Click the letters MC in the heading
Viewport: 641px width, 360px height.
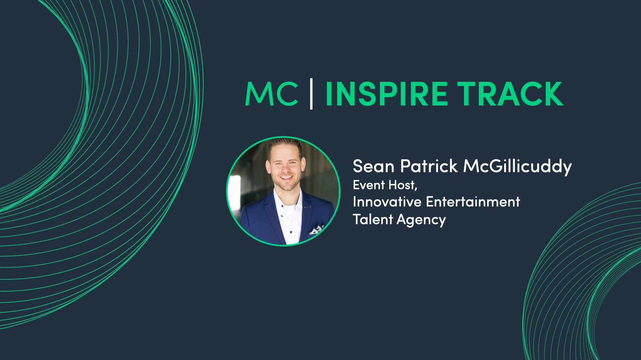coord(271,94)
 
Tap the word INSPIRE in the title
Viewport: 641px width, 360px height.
coord(386,94)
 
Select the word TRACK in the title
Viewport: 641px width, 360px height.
coord(510,94)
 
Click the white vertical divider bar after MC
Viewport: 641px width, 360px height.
coord(311,94)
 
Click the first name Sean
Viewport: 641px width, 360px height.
coord(374,166)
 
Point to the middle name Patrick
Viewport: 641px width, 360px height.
coord(429,166)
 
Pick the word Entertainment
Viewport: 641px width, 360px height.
coord(473,202)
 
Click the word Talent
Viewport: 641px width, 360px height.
coord(373,219)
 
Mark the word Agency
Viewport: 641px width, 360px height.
coord(421,220)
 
